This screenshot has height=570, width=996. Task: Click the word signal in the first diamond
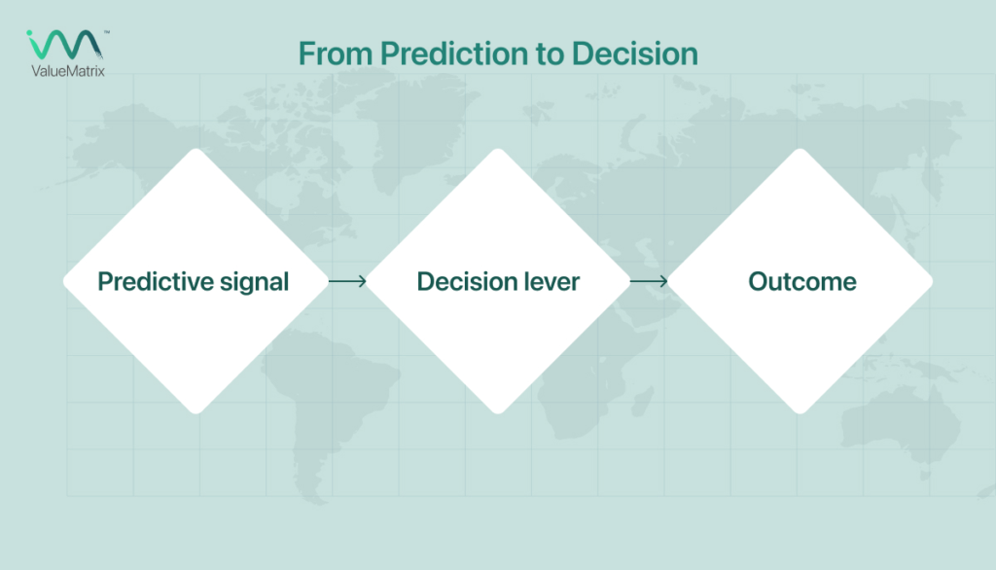coord(254,282)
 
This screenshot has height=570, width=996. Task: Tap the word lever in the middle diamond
coord(550,282)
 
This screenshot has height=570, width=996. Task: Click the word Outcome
coord(801,282)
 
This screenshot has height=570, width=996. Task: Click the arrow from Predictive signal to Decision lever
coord(347,282)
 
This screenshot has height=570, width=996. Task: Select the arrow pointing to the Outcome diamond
coord(649,282)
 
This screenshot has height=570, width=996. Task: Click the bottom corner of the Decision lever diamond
coord(498,410)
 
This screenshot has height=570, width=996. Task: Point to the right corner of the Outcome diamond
coord(931,282)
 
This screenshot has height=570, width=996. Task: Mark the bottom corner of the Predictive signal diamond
coord(195,410)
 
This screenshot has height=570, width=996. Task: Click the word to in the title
coord(537,54)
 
